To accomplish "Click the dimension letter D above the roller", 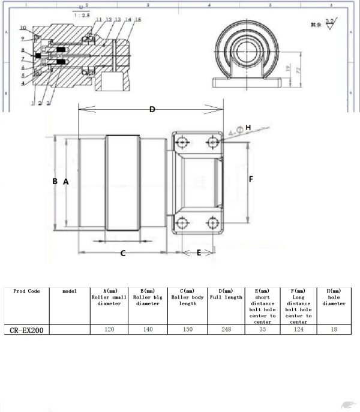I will (152, 109).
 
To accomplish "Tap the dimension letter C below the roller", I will (123, 253).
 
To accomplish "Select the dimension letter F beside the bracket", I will (251, 179).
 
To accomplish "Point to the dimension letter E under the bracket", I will (199, 252).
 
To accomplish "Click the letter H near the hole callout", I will (248, 127).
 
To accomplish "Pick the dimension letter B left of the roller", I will (55, 181).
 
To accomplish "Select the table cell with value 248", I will (226, 329).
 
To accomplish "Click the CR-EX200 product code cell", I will (26, 329).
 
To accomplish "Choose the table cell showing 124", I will (298, 329).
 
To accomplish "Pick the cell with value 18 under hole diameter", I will (334, 329).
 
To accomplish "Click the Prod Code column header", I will (26, 291).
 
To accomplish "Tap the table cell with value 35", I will (262, 329).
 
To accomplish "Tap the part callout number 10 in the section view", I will (22, 28).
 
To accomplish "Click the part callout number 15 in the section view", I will (138, 20).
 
